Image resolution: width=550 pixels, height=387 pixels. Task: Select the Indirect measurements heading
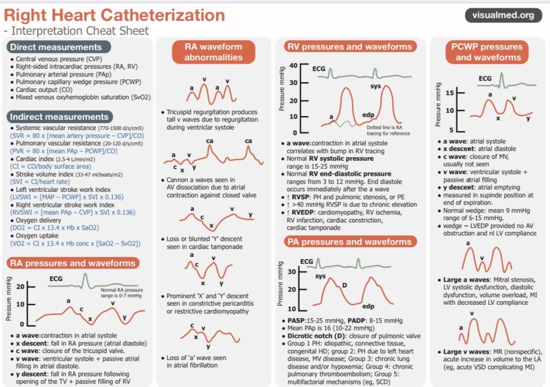coord(60,117)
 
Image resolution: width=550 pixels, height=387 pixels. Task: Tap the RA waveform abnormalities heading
coord(213,52)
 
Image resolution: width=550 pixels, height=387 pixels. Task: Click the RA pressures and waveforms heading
coord(73,263)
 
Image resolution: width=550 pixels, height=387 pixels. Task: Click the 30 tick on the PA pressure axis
coord(292,272)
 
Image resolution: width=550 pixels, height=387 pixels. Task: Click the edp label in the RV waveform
coord(368,115)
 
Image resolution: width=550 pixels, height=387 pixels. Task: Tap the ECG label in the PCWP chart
coord(484,78)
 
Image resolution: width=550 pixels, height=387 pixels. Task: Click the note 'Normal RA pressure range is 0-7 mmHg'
coord(121,293)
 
